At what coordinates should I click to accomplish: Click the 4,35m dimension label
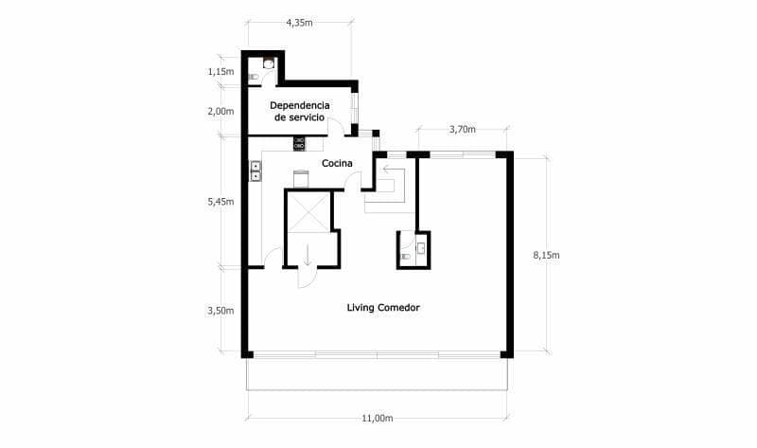299,22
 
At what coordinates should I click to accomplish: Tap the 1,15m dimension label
220,72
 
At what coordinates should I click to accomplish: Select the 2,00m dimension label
220,111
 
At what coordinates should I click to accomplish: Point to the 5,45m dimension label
220,202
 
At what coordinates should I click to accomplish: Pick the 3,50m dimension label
220,311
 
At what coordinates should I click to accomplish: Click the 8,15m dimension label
546,255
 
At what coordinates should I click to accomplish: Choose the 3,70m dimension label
462,129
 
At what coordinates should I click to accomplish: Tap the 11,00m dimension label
377,418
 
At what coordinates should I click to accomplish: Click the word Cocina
337,163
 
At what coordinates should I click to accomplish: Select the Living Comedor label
383,308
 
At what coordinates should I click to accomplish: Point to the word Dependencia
300,105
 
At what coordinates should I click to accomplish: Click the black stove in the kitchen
299,144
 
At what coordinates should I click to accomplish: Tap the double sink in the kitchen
255,171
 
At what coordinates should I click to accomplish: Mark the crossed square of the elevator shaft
307,211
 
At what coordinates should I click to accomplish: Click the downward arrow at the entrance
307,255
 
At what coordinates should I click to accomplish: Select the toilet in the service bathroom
253,77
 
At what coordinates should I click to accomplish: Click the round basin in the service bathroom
269,63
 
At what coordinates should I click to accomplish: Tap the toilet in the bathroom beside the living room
406,256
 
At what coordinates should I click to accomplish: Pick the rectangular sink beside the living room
421,248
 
